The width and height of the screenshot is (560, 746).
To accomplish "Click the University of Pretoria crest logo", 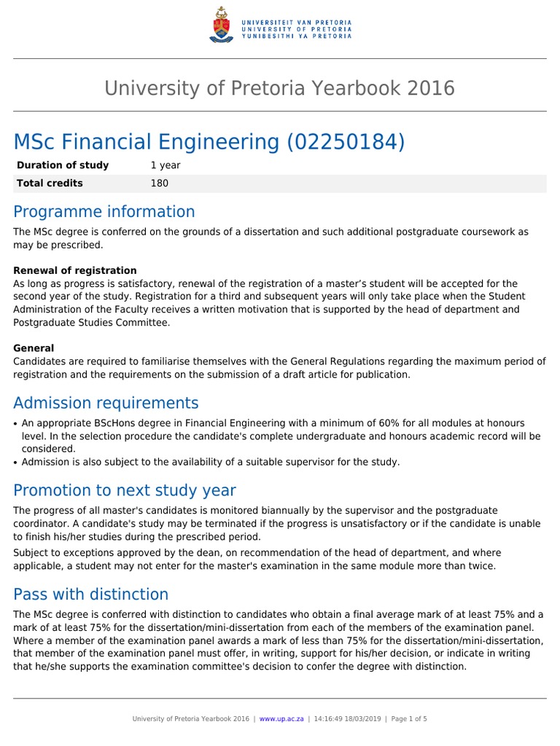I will coord(219,25).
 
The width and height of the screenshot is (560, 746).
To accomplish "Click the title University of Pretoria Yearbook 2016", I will coord(279,88).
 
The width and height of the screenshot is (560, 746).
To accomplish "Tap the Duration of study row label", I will coord(63,165).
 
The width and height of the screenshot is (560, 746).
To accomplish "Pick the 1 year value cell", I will coord(166,165).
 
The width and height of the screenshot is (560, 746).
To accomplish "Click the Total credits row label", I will coord(50,184).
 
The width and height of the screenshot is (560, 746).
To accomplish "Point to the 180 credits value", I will coord(159,184).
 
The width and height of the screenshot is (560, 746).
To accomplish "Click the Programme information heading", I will coord(104,212).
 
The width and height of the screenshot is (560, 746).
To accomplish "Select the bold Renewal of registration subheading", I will coord(75,270).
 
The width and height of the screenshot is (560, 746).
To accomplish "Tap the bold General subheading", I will coord(34,348).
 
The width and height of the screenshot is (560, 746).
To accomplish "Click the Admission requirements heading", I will coord(106,403).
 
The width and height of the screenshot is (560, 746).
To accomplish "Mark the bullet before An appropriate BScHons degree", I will coord(17,424).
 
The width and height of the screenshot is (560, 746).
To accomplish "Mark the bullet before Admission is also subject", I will coord(17,462).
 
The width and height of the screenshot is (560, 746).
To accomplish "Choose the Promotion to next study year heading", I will coord(125,490).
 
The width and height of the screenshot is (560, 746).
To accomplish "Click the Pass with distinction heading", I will coord(91,594).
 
